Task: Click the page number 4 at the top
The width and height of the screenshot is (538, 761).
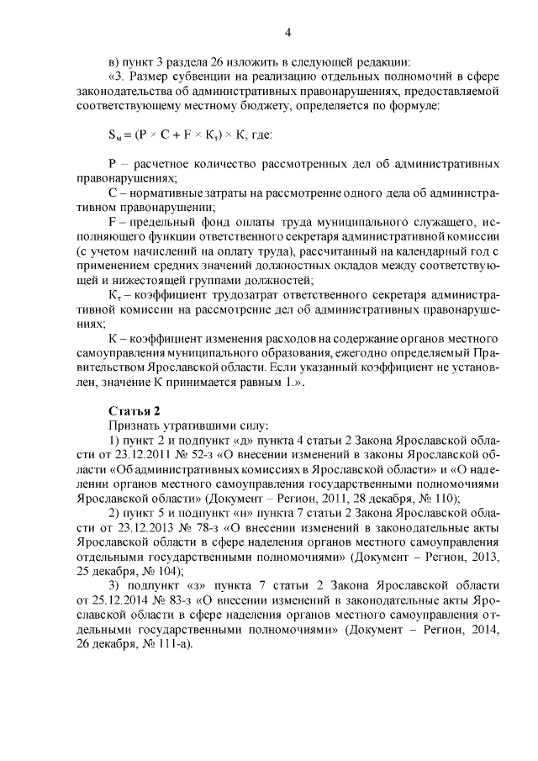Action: [287, 33]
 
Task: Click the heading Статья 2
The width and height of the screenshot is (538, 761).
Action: [134, 410]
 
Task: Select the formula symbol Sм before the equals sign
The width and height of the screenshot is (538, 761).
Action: [115, 135]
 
